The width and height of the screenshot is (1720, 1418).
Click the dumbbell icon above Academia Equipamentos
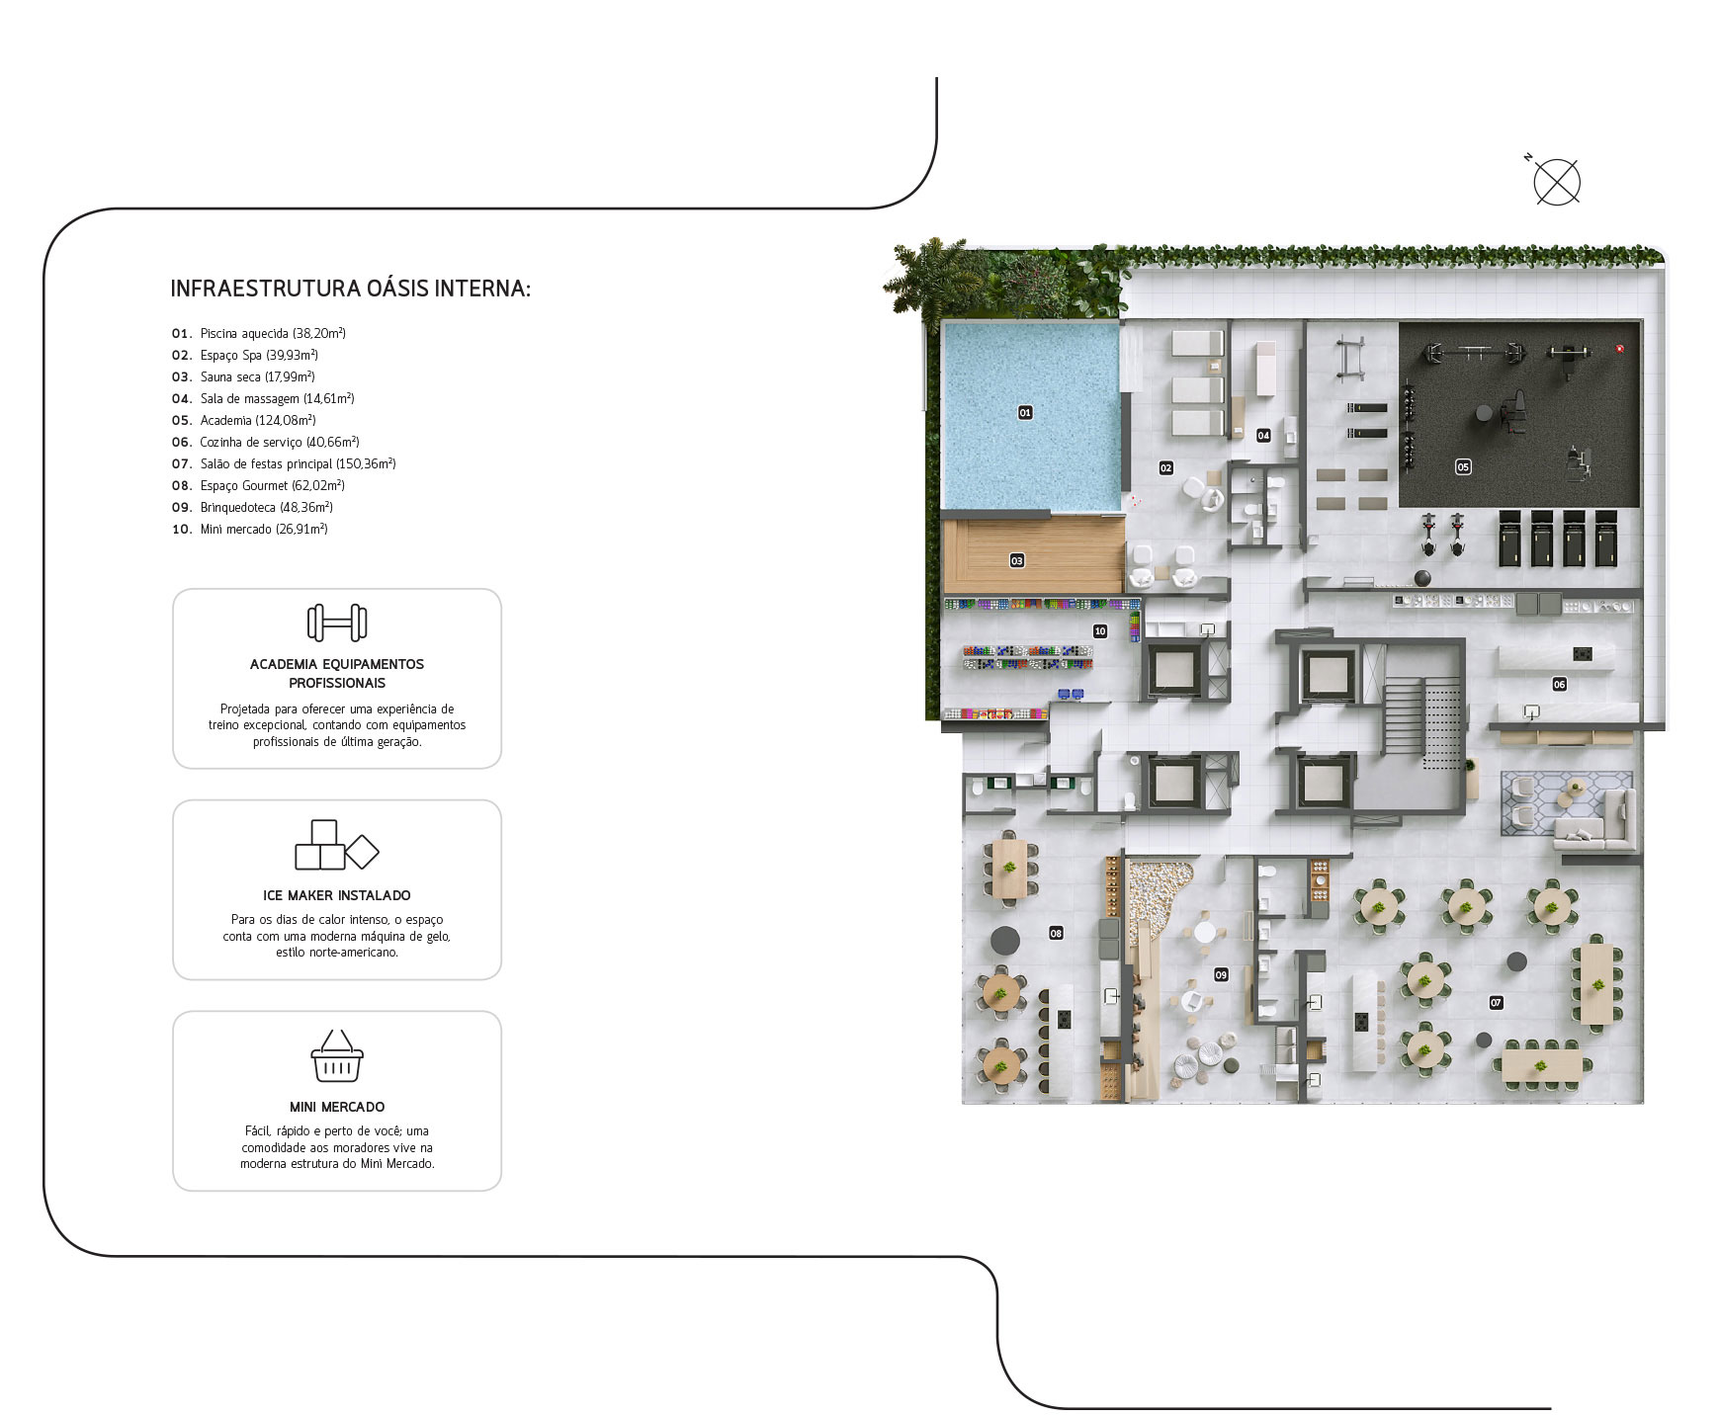(337, 623)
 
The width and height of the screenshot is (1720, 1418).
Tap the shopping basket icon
(337, 1055)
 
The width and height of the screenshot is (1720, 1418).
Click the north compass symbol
(1556, 182)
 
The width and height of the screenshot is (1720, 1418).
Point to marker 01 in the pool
(1025, 412)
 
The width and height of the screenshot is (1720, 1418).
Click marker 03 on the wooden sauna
(1017, 560)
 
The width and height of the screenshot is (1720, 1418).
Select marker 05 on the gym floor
(1463, 466)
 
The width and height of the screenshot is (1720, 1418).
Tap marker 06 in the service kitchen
(1559, 684)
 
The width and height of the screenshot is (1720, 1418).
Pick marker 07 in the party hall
(1496, 1002)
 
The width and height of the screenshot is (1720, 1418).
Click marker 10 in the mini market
(1100, 630)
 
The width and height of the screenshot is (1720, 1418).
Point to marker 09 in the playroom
(1221, 974)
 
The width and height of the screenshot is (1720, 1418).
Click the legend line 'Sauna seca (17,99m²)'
(257, 376)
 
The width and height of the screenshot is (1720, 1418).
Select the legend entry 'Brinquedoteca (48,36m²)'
(266, 507)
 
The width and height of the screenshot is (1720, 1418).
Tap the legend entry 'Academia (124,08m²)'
(257, 420)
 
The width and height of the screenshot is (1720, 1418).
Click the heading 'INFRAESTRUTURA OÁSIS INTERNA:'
(351, 289)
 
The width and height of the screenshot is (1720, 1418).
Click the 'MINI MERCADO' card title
(337, 1107)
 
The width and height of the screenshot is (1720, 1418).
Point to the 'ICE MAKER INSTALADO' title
(337, 895)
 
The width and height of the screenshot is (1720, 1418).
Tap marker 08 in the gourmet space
(1056, 933)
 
